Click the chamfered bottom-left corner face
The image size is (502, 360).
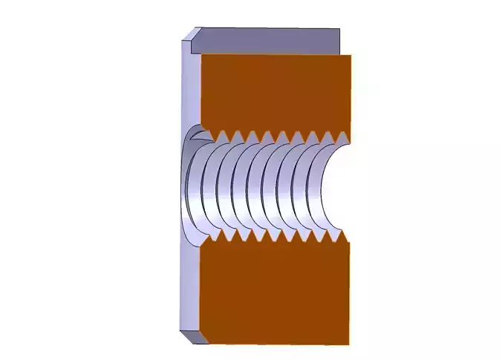coord(192,337)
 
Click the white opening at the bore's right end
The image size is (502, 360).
coord(338,186)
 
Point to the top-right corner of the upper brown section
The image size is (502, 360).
coord(350,54)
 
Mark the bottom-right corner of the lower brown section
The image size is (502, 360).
coord(349,344)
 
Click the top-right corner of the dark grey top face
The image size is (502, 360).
coord(340,29)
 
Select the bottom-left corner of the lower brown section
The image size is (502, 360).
coord(201,344)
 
